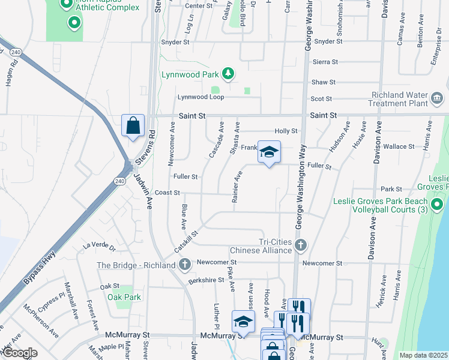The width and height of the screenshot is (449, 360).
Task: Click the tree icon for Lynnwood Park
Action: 228,74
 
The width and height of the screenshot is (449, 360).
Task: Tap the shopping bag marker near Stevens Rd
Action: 133,126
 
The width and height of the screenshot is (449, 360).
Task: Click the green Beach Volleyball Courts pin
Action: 438,206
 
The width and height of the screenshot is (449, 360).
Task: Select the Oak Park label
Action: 124,297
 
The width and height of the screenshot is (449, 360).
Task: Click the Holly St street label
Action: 286,131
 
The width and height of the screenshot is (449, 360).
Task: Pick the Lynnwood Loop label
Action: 200,97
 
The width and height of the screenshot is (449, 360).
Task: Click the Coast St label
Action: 167,193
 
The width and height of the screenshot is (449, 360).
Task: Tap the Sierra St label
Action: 325,62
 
